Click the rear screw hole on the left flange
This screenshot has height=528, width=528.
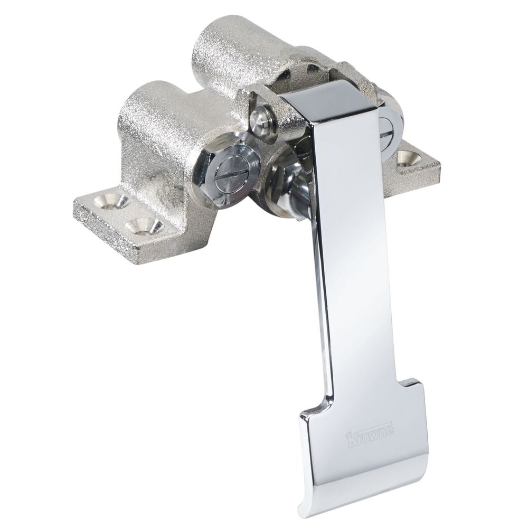coord(116,201)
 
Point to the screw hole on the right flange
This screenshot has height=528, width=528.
coord(407,156)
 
